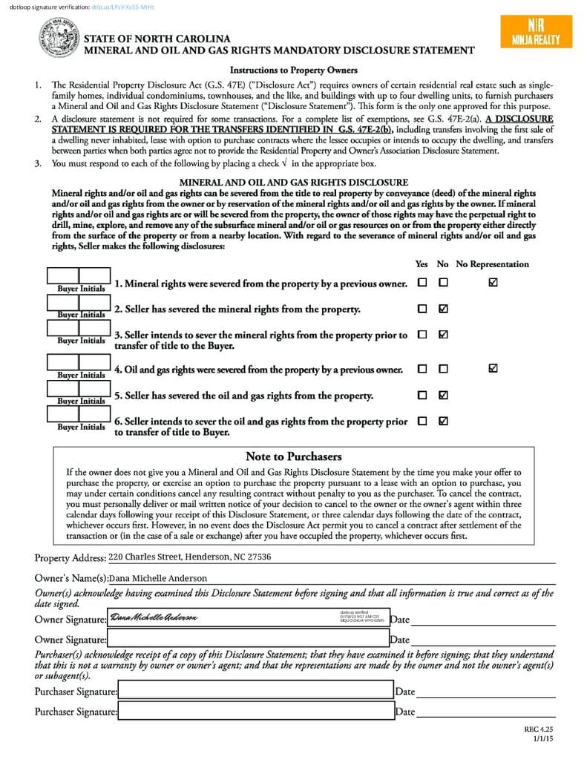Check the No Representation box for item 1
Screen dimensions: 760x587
[x=493, y=283]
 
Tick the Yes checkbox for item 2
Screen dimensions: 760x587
[x=422, y=309]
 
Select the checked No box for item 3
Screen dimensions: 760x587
[x=443, y=335]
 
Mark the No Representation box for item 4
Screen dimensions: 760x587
[x=493, y=368]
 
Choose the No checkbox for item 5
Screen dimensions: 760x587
[x=443, y=395]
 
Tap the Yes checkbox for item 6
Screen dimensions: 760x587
[x=422, y=421]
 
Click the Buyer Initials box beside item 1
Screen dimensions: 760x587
[x=79, y=278]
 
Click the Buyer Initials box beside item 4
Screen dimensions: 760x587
[x=79, y=363]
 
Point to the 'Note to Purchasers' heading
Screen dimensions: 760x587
[x=293, y=456]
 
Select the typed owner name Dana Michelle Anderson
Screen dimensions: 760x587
[x=158, y=578]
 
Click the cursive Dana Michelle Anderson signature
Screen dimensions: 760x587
[x=154, y=618]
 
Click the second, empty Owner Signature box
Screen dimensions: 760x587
[x=248, y=638]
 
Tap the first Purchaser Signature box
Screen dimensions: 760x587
[x=255, y=691]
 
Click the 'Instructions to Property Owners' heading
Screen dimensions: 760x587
[x=293, y=71]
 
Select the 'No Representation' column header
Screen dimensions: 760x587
[x=492, y=264]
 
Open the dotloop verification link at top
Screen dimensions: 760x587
[x=122, y=6]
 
